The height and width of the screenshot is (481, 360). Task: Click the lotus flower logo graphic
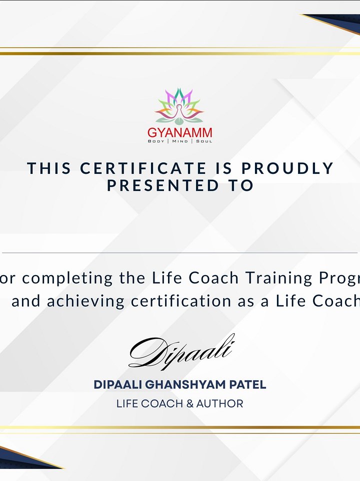179,106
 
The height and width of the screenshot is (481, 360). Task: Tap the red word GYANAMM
179,132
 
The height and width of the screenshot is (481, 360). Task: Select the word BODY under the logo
156,141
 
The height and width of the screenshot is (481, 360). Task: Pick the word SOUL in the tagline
204,141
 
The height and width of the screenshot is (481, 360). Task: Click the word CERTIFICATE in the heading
143,168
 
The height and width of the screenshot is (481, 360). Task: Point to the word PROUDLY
287,168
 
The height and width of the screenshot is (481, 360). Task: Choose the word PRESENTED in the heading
163,185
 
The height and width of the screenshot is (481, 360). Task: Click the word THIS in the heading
49,168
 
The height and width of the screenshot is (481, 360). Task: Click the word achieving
85,301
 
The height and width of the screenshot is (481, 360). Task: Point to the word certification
181,301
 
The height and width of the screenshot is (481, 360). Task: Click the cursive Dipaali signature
181,351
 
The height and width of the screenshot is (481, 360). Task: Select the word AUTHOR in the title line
220,403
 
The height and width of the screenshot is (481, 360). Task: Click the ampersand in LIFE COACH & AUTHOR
190,403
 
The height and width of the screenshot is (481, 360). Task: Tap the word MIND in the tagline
180,141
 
